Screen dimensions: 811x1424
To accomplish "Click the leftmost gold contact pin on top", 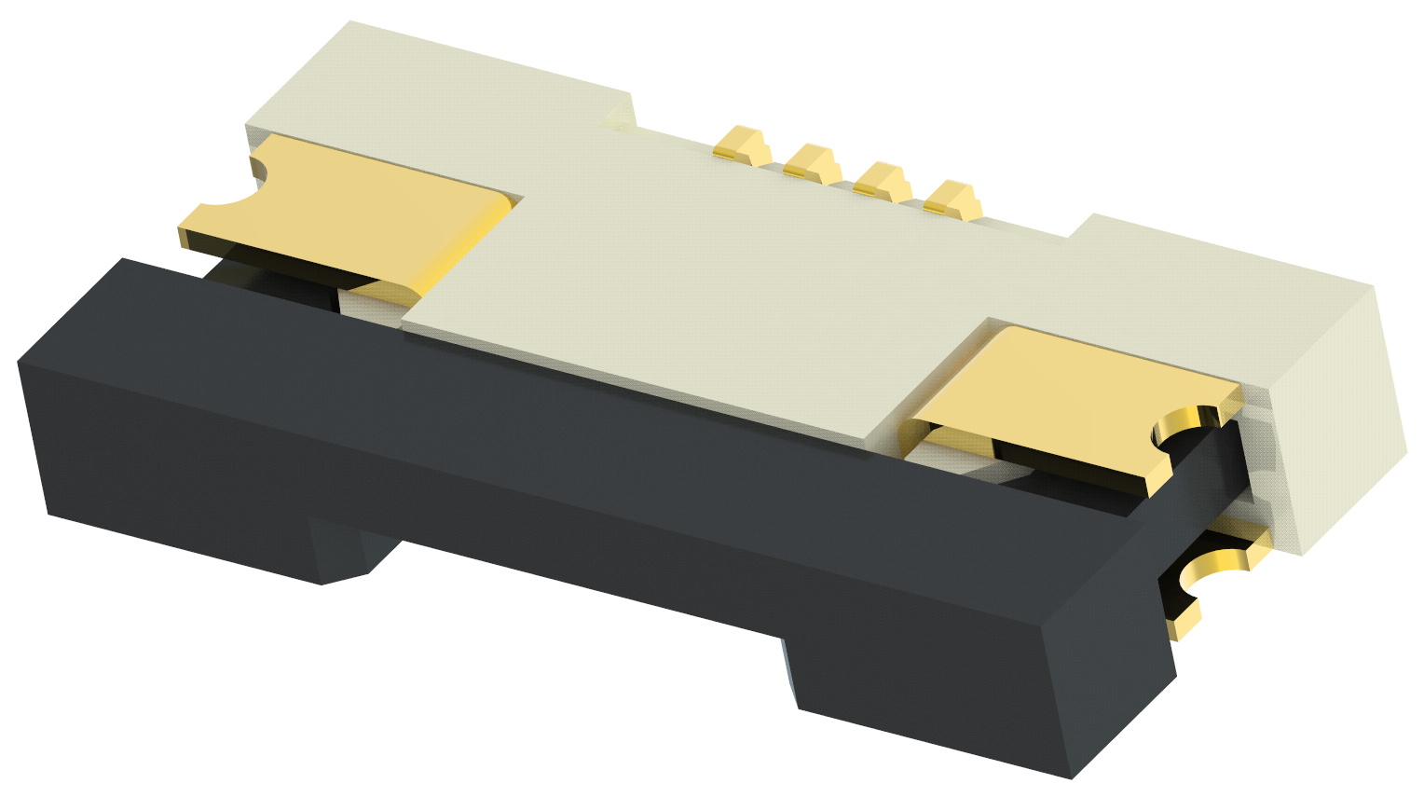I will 741,145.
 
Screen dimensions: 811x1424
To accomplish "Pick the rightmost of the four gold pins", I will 952,198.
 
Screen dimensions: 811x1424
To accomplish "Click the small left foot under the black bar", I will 345,555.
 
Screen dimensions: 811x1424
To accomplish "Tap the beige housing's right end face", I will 1342,410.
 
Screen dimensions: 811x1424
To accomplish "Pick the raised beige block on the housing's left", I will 438,93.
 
